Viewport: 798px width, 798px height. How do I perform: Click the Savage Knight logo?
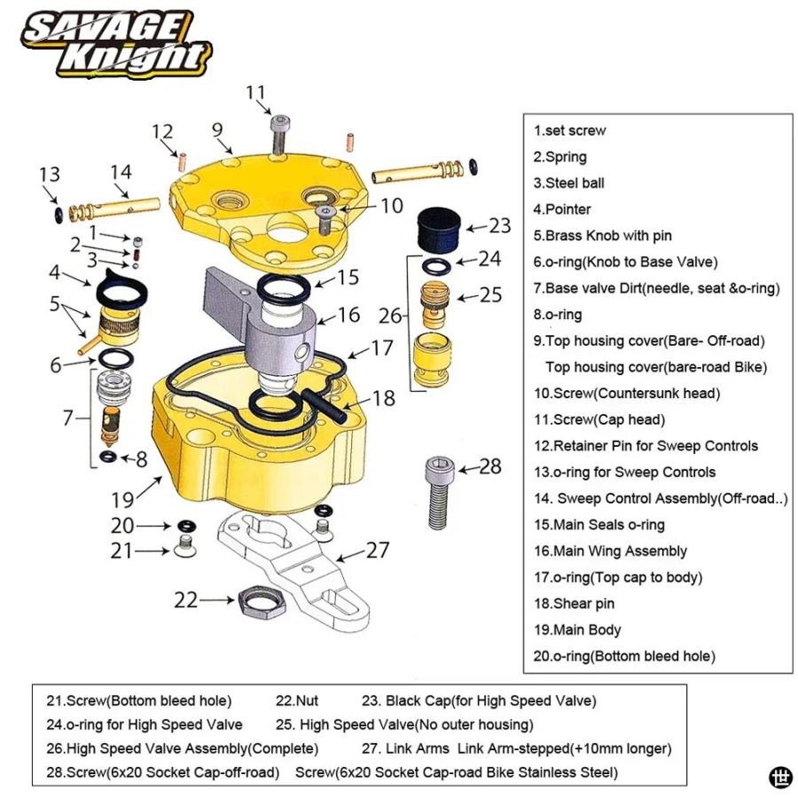tap(116, 44)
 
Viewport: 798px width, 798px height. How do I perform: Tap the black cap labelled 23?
tap(439, 230)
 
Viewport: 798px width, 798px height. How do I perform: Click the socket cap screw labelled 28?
tap(439, 492)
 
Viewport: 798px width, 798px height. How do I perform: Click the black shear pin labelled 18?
tap(325, 405)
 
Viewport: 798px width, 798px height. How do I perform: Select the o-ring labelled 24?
tap(436, 266)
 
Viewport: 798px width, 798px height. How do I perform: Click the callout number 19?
tap(122, 499)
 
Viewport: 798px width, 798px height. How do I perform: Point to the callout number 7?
tap(68, 418)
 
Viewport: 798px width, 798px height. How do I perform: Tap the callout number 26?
tap(390, 316)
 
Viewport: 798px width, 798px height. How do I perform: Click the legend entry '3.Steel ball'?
tap(569, 184)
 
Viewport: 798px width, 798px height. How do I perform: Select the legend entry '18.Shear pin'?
tap(574, 604)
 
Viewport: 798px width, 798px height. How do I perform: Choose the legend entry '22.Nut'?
tap(297, 700)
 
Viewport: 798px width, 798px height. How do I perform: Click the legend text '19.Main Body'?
tap(577, 630)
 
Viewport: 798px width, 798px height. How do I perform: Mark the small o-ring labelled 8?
tap(108, 457)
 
